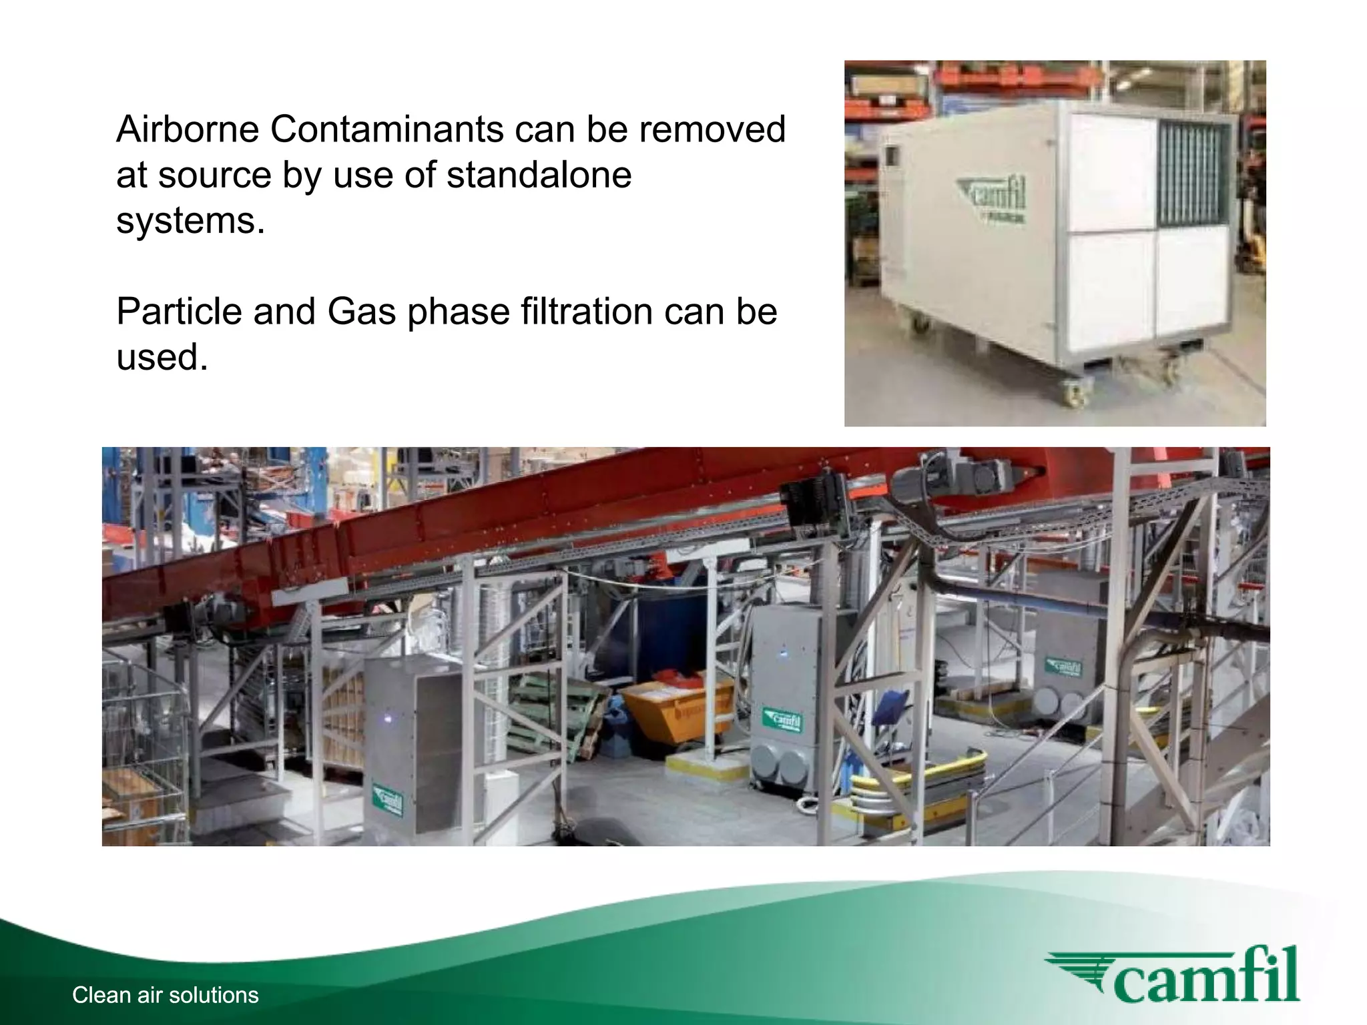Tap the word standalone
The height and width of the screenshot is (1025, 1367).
pos(539,175)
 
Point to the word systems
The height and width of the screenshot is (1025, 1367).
pos(190,220)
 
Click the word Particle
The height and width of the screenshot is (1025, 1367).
pos(178,312)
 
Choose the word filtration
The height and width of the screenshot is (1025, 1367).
pos(578,312)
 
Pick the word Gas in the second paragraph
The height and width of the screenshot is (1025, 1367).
pos(361,312)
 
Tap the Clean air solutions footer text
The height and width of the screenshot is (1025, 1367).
pos(165,995)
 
